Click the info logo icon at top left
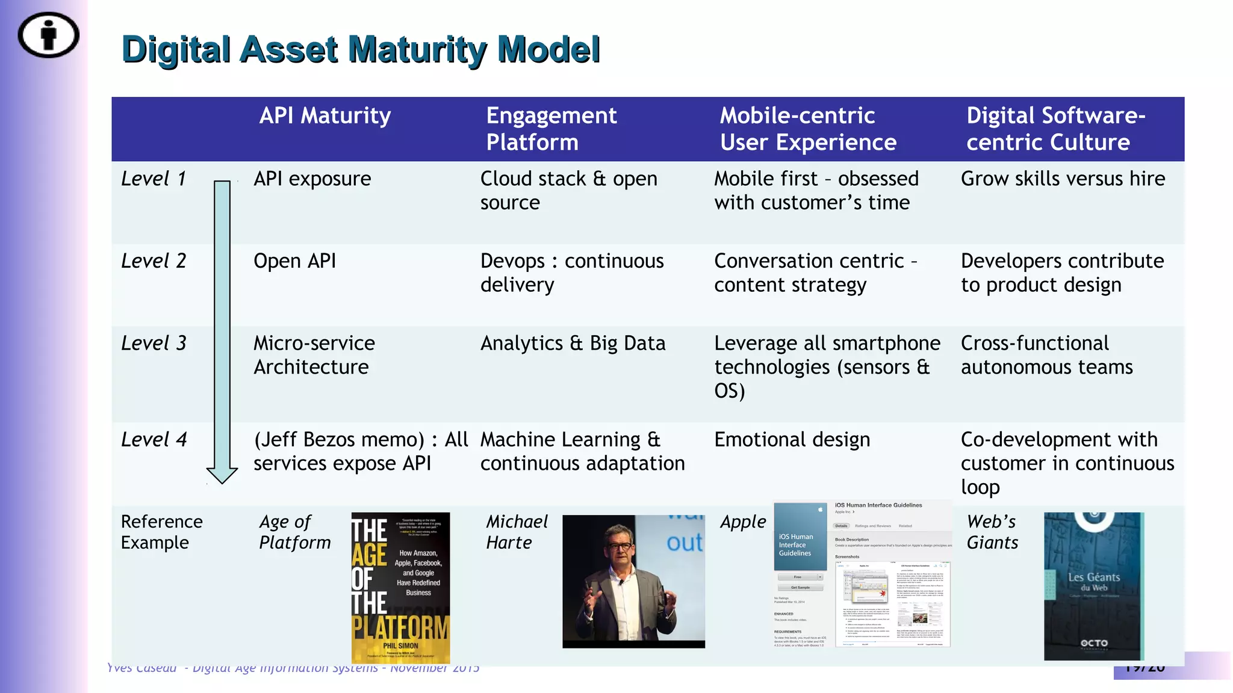(x=48, y=35)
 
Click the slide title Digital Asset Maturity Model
(x=361, y=49)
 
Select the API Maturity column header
(x=325, y=115)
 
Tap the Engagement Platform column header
(x=551, y=129)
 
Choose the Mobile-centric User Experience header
(x=808, y=129)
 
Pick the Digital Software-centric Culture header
(x=1055, y=129)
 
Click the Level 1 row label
(x=154, y=179)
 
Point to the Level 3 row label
(x=154, y=343)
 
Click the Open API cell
(x=294, y=261)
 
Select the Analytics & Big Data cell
(x=573, y=343)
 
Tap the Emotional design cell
(x=792, y=440)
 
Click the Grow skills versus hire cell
(x=1063, y=179)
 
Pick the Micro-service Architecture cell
(x=314, y=355)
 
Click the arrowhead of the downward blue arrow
(x=222, y=475)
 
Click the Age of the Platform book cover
(x=400, y=588)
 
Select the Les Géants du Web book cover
(x=1093, y=587)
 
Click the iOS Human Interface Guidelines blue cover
(x=800, y=537)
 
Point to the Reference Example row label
(x=161, y=532)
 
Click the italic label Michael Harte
(x=517, y=532)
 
